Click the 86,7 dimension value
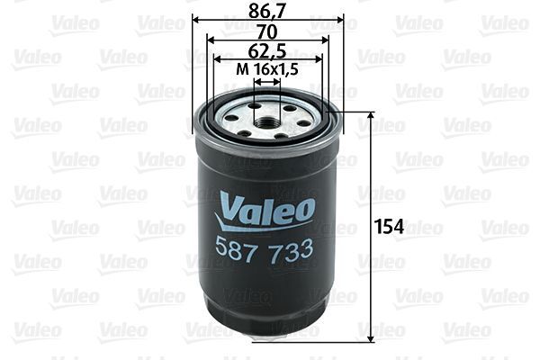268,12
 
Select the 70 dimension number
268,31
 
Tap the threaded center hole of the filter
267,118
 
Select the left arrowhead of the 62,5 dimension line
218,59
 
